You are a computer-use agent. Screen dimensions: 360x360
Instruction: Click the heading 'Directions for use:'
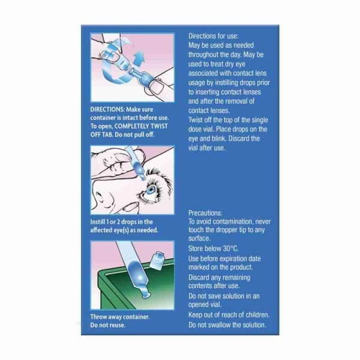pyautogui.click(x=213, y=36)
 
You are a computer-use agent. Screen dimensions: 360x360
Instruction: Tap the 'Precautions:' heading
pyautogui.click(x=205, y=213)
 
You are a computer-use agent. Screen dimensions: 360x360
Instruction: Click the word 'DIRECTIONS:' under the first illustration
pyautogui.click(x=107, y=109)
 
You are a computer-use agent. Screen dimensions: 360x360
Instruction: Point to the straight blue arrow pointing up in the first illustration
pyautogui.click(x=139, y=58)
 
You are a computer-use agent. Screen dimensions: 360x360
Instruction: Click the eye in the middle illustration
pyautogui.click(x=151, y=191)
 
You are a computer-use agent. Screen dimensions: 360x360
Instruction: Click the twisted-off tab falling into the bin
pyautogui.click(x=157, y=260)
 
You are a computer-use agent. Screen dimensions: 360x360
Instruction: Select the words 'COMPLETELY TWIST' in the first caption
pyautogui.click(x=141, y=126)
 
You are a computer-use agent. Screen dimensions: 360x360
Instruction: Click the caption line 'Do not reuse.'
pyautogui.click(x=107, y=325)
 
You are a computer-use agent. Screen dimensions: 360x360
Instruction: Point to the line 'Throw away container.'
pyautogui.click(x=120, y=317)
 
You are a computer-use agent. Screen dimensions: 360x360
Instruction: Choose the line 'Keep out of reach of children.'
pyautogui.click(x=229, y=315)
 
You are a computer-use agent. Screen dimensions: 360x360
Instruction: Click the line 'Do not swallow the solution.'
pyautogui.click(x=227, y=325)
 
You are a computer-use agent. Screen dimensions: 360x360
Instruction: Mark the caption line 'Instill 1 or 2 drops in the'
pyautogui.click(x=121, y=222)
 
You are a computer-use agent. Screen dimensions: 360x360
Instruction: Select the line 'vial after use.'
pyautogui.click(x=207, y=148)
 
